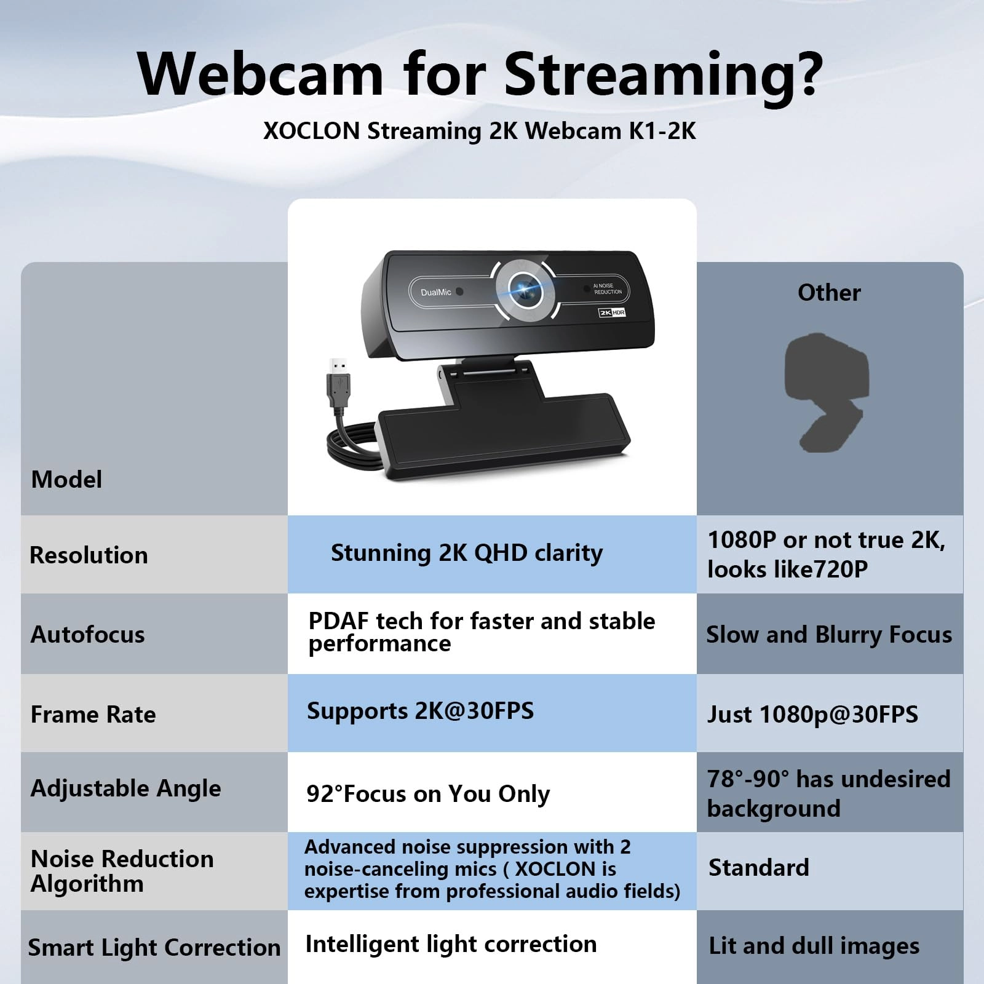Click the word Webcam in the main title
coord(261,74)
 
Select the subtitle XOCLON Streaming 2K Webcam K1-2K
coord(480,131)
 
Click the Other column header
coord(829,293)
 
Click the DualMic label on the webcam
coord(436,292)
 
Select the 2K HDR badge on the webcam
coord(612,312)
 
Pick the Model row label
coord(66,480)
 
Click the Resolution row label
coord(89,555)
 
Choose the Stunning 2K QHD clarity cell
coord(467,553)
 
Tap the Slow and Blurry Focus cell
coord(829,635)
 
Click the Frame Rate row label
coord(93,715)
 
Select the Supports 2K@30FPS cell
coord(420,712)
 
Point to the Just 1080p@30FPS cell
coord(812,715)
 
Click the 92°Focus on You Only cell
coord(428,794)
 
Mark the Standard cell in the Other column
coord(758,868)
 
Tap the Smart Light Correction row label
coord(154,948)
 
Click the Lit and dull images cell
coord(814,946)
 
